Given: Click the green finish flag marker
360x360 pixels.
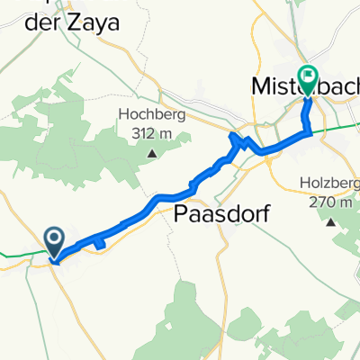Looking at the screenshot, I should (x=308, y=81).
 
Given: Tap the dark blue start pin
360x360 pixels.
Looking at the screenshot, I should (x=54, y=241).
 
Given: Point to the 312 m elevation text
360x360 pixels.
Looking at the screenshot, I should (x=153, y=131).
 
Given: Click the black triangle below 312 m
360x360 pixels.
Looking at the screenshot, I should (x=151, y=152).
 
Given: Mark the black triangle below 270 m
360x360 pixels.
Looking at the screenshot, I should (x=333, y=221).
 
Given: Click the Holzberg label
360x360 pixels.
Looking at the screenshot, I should (x=329, y=186).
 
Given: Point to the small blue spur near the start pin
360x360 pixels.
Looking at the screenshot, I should (x=98, y=243).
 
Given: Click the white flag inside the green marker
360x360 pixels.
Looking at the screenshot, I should (x=308, y=77).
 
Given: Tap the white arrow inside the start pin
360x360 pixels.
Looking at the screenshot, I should (x=54, y=238).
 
